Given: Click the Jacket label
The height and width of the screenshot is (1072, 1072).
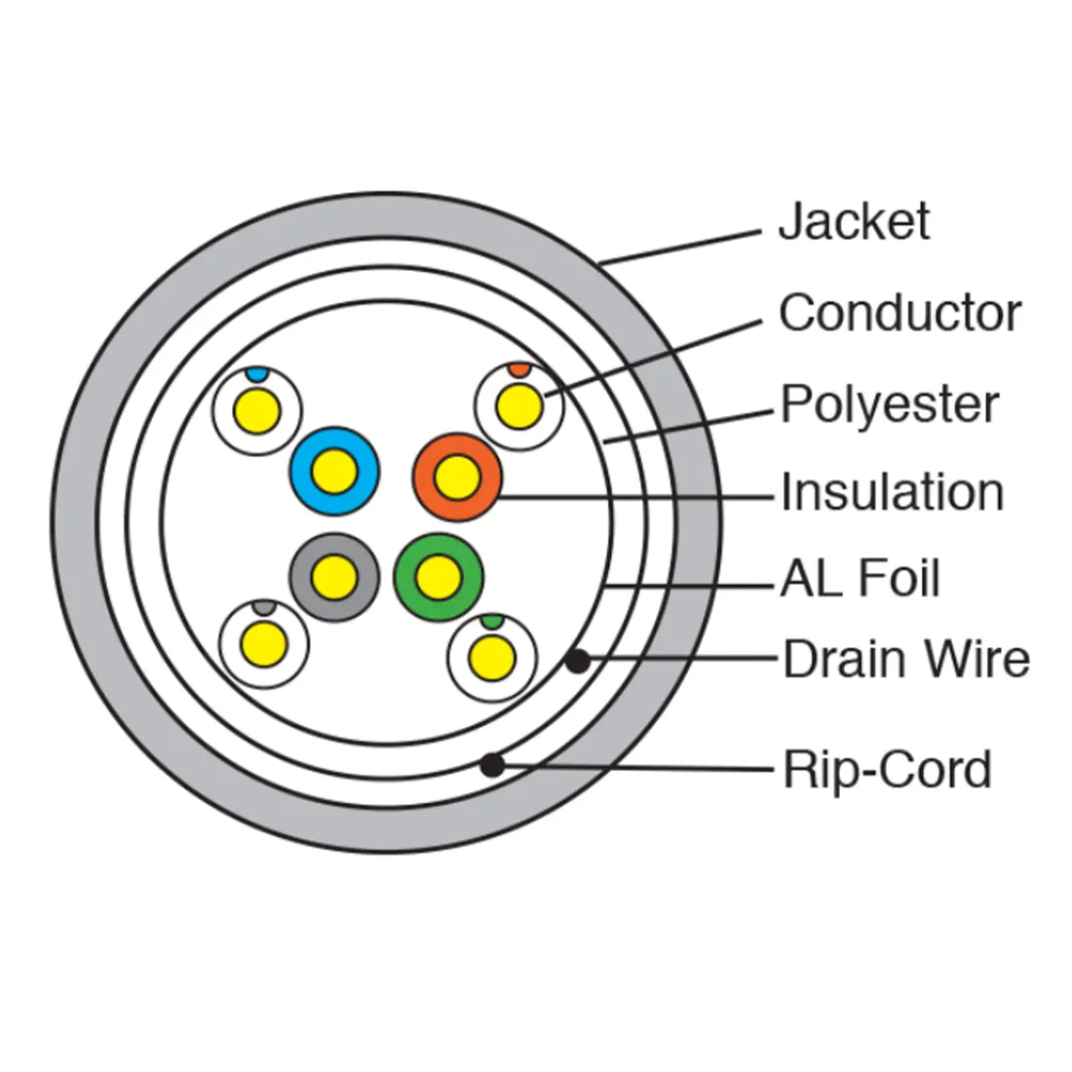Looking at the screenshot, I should pyautogui.click(x=853, y=222).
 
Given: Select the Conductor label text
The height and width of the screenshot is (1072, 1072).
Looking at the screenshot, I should pyautogui.click(x=900, y=314).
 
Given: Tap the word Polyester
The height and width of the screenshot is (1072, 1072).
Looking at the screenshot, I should pyautogui.click(x=890, y=403).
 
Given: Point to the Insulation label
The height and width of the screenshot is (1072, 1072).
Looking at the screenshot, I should pyautogui.click(x=892, y=492).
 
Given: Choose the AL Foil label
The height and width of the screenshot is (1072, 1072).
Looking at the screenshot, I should pyautogui.click(x=860, y=579).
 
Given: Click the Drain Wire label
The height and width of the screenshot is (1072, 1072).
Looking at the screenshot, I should pyautogui.click(x=905, y=660).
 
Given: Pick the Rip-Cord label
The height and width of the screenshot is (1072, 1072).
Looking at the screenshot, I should pyautogui.click(x=887, y=770).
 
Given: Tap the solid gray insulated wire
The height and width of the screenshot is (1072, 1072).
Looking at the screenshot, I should pyautogui.click(x=335, y=576).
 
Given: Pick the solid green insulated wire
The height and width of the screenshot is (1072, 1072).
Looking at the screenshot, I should pyautogui.click(x=438, y=578).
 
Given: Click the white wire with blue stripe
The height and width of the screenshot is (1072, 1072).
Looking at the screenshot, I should pyautogui.click(x=258, y=408).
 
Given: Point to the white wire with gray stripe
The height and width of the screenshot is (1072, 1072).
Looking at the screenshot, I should pyautogui.click(x=264, y=643).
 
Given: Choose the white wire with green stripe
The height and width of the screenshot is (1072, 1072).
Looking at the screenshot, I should pyautogui.click(x=492, y=656).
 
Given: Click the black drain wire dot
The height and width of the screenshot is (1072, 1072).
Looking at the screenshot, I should pyautogui.click(x=578, y=662).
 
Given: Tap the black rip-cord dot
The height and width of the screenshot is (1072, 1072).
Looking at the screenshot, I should pyautogui.click(x=493, y=765).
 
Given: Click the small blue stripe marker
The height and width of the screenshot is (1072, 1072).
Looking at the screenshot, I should pyautogui.click(x=255, y=373).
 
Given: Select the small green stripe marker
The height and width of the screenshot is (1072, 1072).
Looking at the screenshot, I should pyautogui.click(x=492, y=621).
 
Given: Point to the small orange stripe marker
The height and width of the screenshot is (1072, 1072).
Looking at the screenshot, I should pyautogui.click(x=519, y=369).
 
